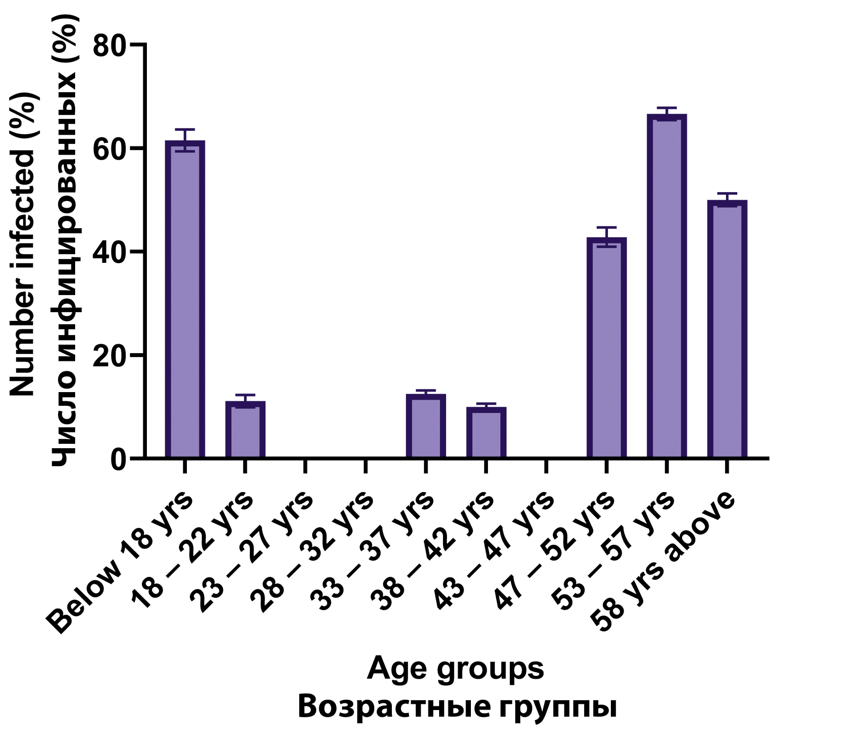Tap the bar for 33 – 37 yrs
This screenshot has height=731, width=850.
425,426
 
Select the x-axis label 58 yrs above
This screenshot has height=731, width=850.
663,561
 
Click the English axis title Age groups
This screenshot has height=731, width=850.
455,669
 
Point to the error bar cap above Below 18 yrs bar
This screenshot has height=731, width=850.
185,130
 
